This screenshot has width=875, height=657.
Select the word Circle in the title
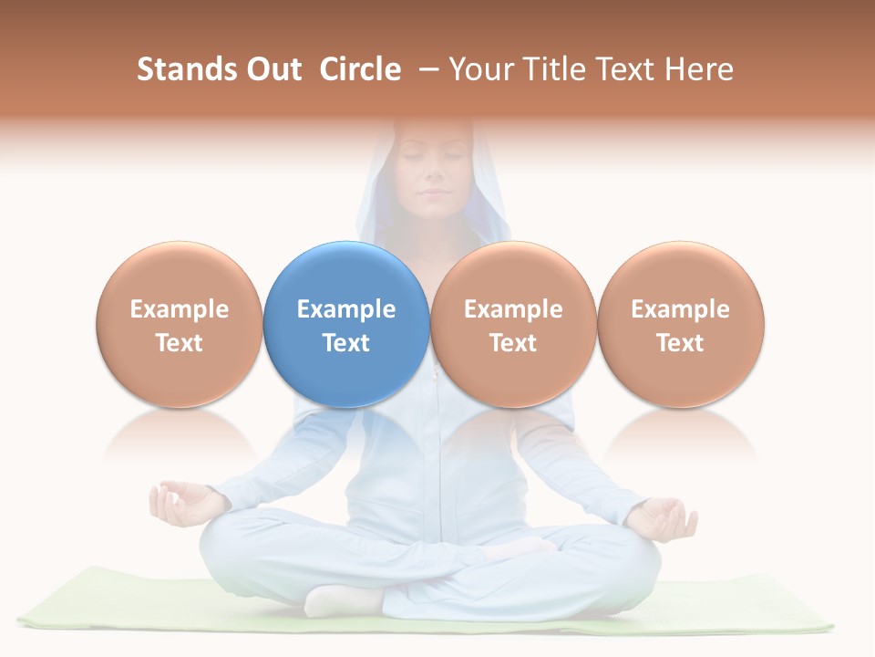[360, 69]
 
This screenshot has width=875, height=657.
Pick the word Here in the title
[700, 69]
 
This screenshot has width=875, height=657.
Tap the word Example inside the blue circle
[346, 309]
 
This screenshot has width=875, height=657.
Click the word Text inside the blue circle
[346, 343]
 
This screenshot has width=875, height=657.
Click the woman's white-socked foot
[342, 600]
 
